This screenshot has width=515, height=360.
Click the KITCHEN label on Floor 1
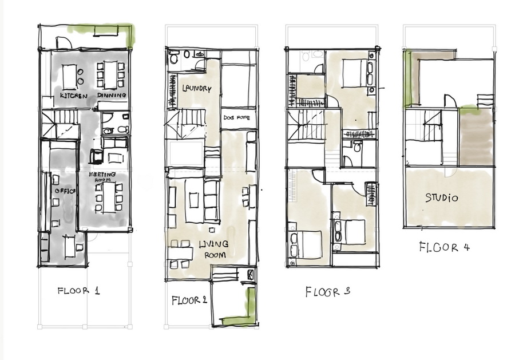point(74,96)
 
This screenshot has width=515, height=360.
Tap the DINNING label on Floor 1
point(112,95)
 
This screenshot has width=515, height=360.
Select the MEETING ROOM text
point(102,177)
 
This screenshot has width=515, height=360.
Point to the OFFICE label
point(65,191)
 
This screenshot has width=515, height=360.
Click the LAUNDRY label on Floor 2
point(197,88)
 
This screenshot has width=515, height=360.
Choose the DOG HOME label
point(236,117)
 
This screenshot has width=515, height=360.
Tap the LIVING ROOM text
point(214,249)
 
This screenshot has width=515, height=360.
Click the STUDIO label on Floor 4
point(441,197)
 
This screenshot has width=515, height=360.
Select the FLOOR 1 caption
point(78,291)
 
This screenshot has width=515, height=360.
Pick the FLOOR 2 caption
point(189,300)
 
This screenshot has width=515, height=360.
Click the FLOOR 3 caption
point(327,292)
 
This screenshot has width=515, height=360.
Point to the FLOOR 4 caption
point(445,247)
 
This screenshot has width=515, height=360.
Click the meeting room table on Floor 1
point(109,197)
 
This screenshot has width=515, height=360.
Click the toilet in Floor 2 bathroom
point(173,58)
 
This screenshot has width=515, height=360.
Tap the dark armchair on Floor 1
point(96,156)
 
